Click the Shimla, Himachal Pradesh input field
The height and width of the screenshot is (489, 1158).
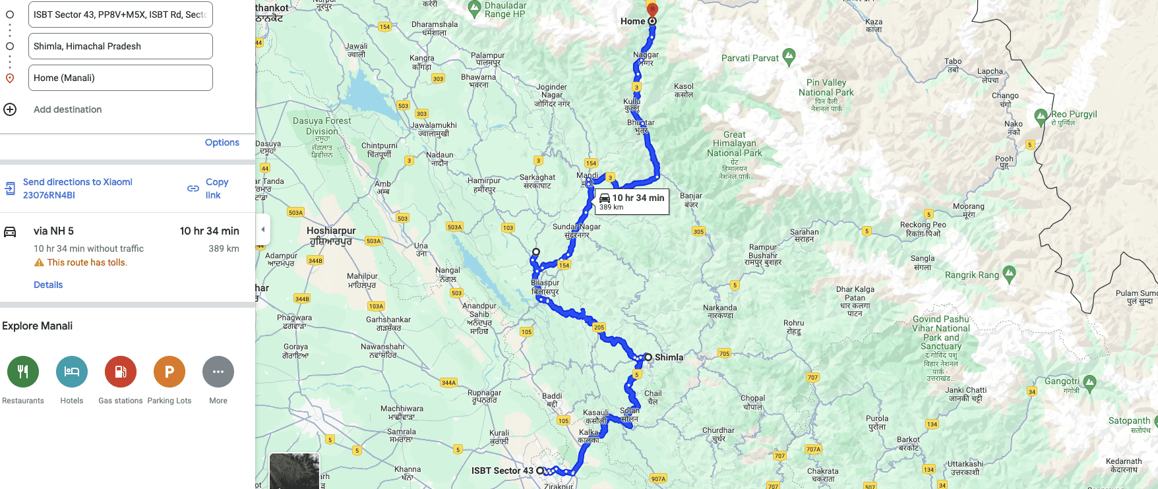coord(120,46)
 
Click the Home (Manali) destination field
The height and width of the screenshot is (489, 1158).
coord(120,78)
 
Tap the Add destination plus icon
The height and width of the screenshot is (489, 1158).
coord(10,109)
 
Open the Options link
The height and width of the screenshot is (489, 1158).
coord(222,142)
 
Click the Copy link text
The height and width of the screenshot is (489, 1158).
coord(216,188)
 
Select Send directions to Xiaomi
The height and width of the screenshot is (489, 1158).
coord(77,188)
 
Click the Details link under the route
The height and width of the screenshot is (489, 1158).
coord(48,285)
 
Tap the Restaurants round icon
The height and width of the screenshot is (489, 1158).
coord(23,372)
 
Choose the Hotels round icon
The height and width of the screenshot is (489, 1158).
coord(72,372)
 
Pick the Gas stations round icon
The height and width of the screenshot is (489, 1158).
coord(121,372)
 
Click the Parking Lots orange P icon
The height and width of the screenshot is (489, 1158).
coord(169,372)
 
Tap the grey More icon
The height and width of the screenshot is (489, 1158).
coord(218,372)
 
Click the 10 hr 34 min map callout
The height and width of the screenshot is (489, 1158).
coord(632,202)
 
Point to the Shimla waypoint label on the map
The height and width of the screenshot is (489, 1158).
coord(669,357)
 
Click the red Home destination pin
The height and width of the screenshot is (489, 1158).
coord(652,9)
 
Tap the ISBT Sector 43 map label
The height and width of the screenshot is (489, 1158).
coord(502,471)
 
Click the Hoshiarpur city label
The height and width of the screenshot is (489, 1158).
coord(331,235)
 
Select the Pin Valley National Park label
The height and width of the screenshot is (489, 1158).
coord(826,88)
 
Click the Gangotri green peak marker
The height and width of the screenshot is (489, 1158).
coord(1089,382)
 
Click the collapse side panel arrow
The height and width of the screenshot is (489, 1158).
coord(263,229)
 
